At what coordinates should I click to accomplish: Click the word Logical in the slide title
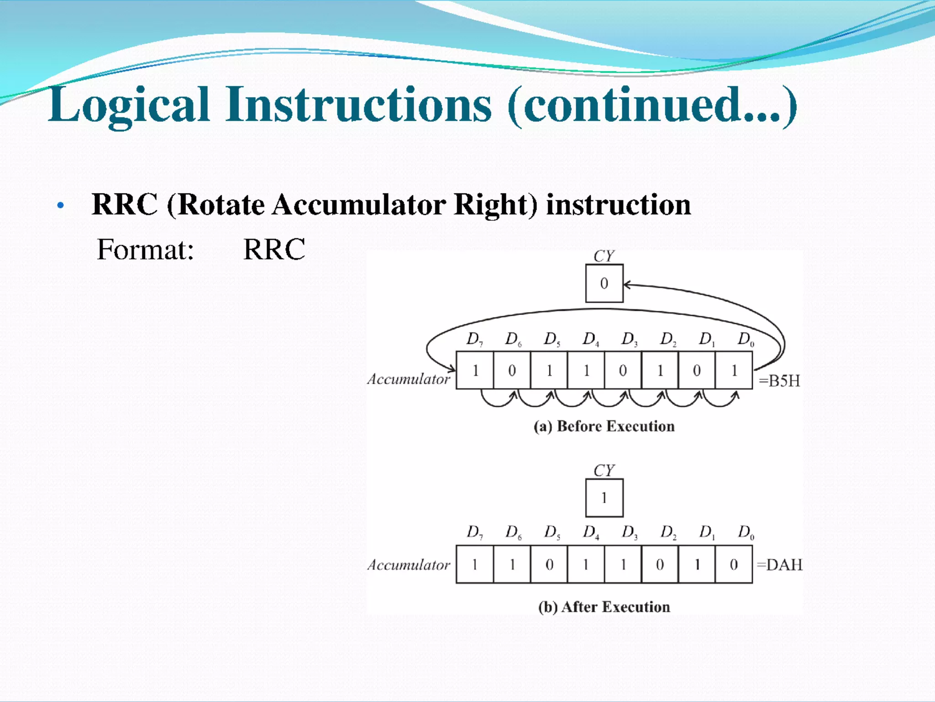pos(129,106)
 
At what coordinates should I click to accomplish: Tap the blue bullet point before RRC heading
pos(60,206)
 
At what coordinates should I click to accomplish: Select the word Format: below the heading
pos(145,250)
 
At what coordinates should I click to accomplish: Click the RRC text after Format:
pos(274,250)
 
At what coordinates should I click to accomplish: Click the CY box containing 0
pos(604,283)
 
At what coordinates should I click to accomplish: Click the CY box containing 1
pos(604,498)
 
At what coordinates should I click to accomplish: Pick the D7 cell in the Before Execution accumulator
pos(475,370)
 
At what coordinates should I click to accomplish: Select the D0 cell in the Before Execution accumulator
pos(734,370)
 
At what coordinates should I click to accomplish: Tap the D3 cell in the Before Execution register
pos(623,370)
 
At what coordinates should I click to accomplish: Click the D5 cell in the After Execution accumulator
pos(549,565)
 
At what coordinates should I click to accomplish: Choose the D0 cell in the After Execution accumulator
pos(734,565)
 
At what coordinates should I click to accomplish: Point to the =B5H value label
pos(779,381)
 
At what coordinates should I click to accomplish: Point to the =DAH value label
pos(779,565)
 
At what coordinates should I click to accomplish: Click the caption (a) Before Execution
pos(604,426)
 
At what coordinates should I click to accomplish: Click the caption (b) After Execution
pos(604,607)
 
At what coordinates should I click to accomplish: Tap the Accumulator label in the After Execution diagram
pos(409,565)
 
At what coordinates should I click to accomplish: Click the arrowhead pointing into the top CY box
pos(627,285)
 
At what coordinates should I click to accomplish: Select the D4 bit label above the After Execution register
pos(590,532)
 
